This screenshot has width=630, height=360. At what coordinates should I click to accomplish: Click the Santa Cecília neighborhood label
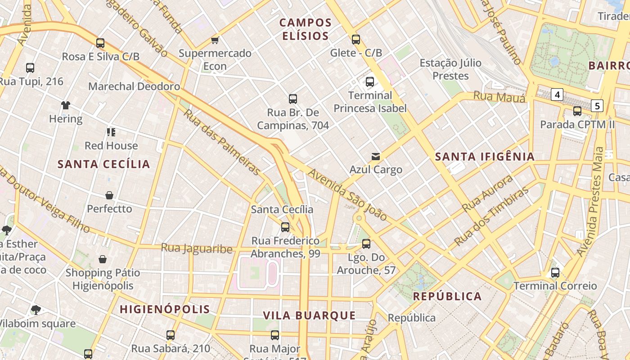pos(103,164)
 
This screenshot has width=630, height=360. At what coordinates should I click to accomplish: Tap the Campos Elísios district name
pos(306,29)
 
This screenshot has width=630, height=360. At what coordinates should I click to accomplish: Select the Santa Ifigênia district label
pos(485,157)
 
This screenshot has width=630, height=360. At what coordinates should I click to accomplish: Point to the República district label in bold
pos(447,296)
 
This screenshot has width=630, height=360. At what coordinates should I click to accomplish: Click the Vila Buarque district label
pos(309,315)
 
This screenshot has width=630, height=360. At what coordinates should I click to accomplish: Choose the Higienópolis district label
pos(165,309)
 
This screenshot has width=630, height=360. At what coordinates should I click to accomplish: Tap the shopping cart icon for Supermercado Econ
pos(215,40)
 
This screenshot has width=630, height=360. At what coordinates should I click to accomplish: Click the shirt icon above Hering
pos(66,105)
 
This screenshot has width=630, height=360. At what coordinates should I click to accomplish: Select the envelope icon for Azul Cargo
pos(376,156)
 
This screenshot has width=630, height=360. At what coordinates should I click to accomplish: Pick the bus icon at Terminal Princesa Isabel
pos(370,82)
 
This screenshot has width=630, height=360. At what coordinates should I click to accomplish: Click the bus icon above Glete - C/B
pos(356,40)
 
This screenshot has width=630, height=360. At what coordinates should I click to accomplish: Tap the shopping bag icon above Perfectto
pos(109,195)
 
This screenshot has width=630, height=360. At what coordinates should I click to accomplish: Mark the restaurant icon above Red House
pos(111,132)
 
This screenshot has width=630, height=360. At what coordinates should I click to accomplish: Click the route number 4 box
pos(558,94)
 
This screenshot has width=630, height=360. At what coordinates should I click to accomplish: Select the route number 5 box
pos(597,106)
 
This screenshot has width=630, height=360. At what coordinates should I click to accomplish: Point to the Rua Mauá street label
pos(499,96)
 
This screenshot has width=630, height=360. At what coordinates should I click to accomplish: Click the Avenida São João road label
pos(347,195)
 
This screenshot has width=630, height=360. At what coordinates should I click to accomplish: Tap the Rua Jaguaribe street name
pos(197,248)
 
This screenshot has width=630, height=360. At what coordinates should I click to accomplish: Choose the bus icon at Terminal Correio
pos(555,272)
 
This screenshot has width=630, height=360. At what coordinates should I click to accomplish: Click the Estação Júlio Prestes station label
pos(450,69)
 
